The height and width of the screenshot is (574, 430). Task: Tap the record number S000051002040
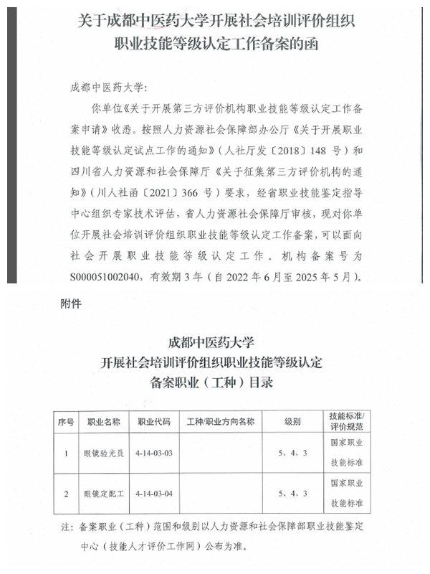111,276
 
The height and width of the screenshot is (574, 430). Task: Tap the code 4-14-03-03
153,453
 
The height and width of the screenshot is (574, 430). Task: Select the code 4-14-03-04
153,494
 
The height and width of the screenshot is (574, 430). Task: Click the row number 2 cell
66,494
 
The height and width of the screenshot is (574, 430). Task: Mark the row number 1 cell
66,453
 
